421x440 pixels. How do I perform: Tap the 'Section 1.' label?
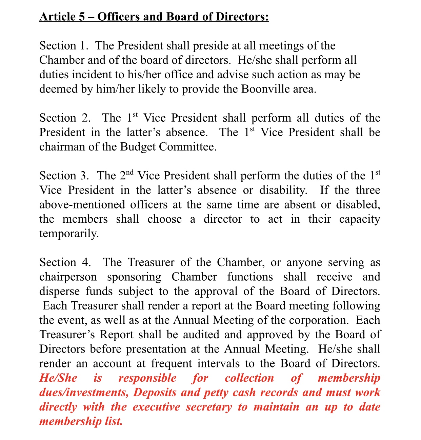[x=63, y=46]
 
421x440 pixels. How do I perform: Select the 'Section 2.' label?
[x=65, y=118]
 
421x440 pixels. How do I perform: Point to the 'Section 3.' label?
[x=64, y=176]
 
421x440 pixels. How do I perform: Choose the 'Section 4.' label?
[x=65, y=263]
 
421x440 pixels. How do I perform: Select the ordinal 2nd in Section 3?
[x=127, y=175]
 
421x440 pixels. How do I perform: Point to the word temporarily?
[x=69, y=234]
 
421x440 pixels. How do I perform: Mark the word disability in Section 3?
[x=283, y=191]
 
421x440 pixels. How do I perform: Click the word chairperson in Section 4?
[x=68, y=277]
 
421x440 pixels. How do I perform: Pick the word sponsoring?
[x=134, y=277]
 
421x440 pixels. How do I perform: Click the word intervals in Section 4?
[x=219, y=364]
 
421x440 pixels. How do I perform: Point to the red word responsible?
[x=147, y=378]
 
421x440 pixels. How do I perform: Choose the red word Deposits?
[x=155, y=393]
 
